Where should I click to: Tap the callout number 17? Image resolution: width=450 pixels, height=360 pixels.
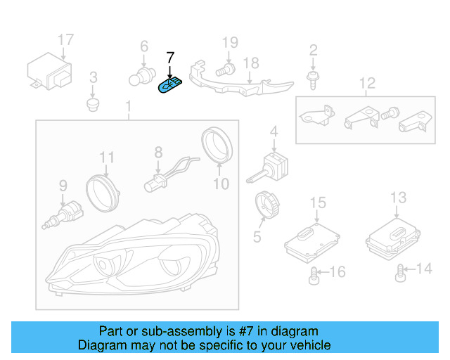pos(65,39)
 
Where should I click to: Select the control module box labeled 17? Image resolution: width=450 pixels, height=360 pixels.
pos(50,71)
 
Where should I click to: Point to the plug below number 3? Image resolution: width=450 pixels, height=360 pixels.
pos(92,105)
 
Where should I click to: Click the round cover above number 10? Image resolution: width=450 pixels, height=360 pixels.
pos(217,145)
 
